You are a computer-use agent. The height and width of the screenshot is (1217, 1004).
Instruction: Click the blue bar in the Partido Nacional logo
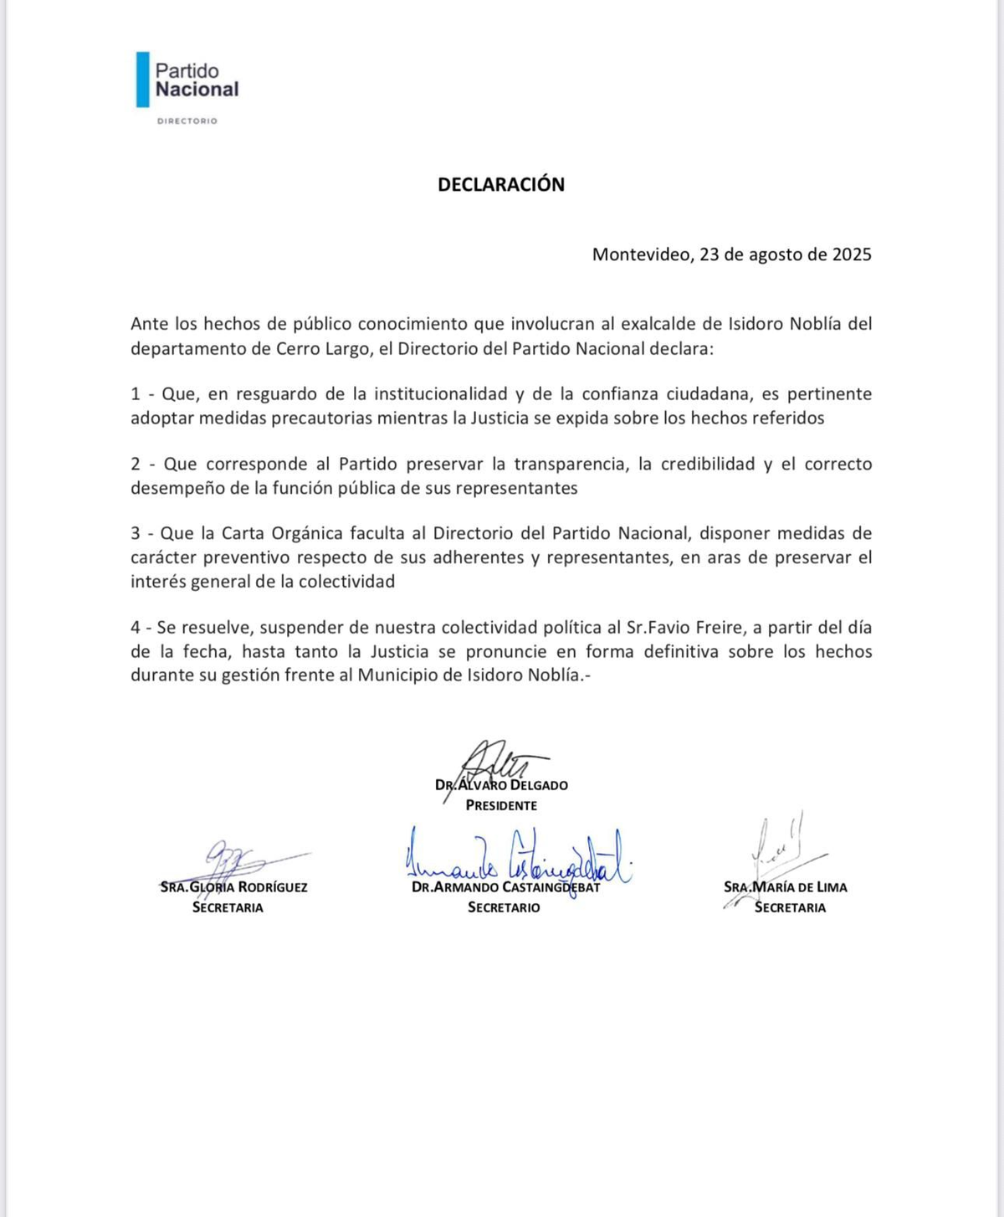(x=143, y=80)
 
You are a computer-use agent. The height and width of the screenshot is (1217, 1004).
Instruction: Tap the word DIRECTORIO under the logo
(x=187, y=121)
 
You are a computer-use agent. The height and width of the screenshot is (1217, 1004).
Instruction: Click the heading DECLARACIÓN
(x=501, y=185)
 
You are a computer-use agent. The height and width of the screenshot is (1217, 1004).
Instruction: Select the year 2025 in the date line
(x=851, y=254)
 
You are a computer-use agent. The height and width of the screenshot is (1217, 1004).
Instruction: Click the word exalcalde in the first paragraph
(x=659, y=324)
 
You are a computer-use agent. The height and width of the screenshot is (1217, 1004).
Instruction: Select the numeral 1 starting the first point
(x=136, y=394)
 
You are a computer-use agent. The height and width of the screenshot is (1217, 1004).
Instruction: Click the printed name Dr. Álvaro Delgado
(x=502, y=785)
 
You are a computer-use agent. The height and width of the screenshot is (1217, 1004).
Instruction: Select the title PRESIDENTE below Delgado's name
(x=501, y=806)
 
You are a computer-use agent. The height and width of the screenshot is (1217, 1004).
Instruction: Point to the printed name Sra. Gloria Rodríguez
(x=234, y=887)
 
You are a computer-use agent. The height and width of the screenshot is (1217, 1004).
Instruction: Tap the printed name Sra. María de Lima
(x=786, y=887)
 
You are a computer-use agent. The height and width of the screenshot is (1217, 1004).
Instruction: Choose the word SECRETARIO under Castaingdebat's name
(x=504, y=908)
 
